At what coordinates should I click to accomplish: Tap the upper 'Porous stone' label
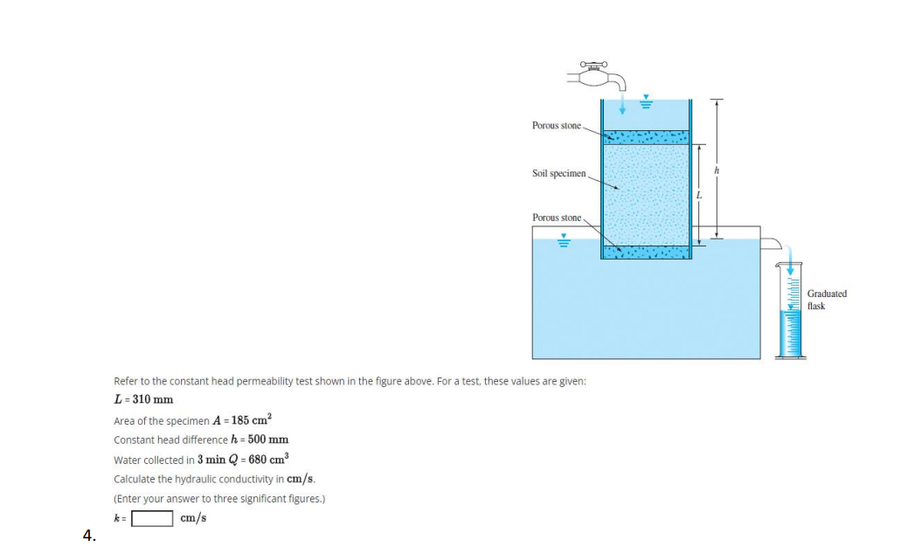pyautogui.click(x=556, y=126)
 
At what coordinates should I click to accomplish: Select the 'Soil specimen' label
pyautogui.click(x=559, y=173)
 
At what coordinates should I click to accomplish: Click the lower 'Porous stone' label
pyautogui.click(x=556, y=217)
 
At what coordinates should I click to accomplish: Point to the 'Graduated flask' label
pyautogui.click(x=826, y=300)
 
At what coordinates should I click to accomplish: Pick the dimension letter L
pyautogui.click(x=700, y=193)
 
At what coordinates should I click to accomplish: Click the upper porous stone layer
pyautogui.click(x=646, y=137)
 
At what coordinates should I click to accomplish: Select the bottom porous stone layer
pyautogui.click(x=646, y=252)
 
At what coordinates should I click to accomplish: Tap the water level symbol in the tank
pyautogui.click(x=564, y=241)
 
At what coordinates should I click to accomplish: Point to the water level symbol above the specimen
pyautogui.click(x=646, y=102)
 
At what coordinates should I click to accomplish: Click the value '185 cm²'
pyautogui.click(x=251, y=419)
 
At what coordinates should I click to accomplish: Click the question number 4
pyautogui.click(x=88, y=535)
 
